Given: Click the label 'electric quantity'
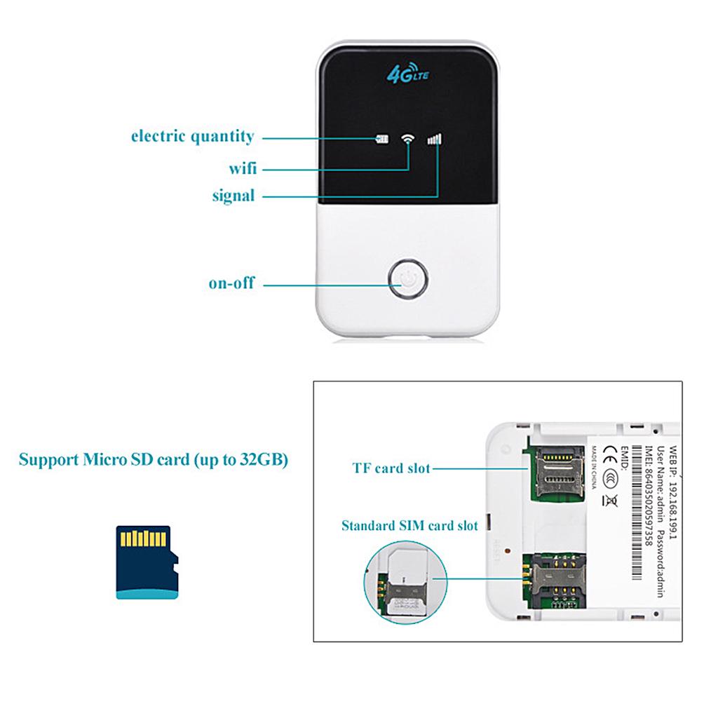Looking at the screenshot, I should [193, 136].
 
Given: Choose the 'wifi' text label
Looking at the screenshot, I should [242, 168].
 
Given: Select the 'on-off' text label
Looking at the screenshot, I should [231, 284].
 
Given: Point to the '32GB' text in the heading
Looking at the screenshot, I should [259, 461].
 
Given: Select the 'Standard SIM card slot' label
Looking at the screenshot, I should [409, 524].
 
